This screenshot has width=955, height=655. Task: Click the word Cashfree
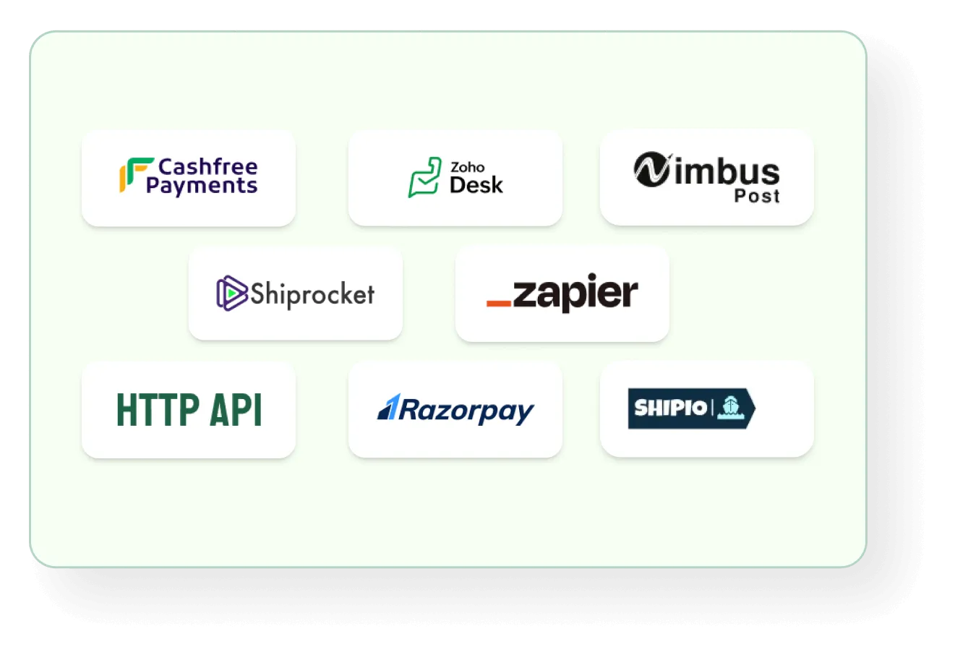(x=208, y=167)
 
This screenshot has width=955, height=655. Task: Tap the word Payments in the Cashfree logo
(x=202, y=186)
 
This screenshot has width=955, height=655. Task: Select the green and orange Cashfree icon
(x=136, y=175)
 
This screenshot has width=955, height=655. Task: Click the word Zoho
(x=467, y=167)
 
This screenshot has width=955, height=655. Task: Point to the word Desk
(x=476, y=185)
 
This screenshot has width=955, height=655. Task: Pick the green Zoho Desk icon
(x=424, y=177)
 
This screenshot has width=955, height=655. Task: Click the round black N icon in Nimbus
(x=652, y=169)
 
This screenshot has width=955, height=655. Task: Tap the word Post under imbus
(x=757, y=196)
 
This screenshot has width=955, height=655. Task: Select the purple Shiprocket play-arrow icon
(x=231, y=293)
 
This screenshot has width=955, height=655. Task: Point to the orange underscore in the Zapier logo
(x=499, y=303)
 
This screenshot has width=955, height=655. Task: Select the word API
(x=236, y=410)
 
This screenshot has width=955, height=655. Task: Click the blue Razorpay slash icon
(x=389, y=406)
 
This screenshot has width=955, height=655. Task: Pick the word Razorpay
(x=466, y=411)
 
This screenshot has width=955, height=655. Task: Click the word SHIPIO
(x=671, y=408)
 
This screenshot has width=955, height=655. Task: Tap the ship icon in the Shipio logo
(x=731, y=408)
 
